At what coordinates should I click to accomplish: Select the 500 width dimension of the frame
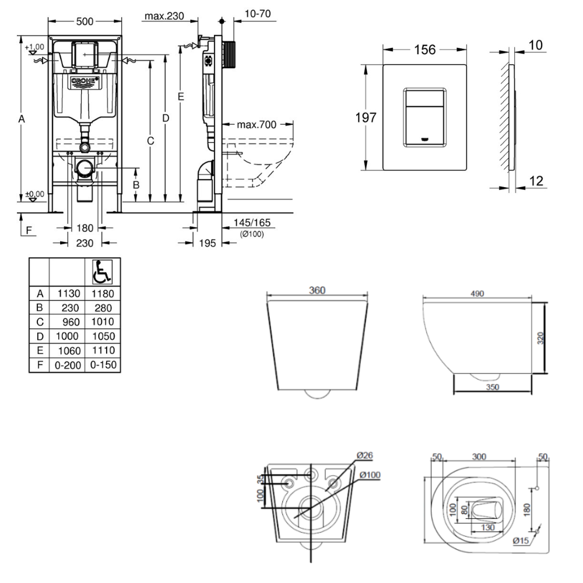[x=85, y=21]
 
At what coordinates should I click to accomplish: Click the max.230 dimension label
[x=164, y=16]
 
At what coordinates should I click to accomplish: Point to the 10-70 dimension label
[x=257, y=14]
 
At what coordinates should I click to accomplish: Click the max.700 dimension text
[x=257, y=124]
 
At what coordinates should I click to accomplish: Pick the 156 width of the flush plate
[x=424, y=50]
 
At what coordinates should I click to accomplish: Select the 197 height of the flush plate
[x=366, y=117]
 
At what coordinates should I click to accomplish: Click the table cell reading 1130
[x=66, y=294]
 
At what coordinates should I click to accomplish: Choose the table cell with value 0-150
[x=102, y=365]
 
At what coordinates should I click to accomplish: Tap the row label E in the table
[x=40, y=351]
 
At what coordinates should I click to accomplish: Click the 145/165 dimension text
[x=252, y=223]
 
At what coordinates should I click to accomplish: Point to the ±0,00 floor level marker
[x=34, y=194]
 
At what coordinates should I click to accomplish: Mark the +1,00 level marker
[x=34, y=47]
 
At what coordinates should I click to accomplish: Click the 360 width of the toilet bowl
[x=317, y=290]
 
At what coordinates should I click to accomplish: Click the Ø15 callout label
[x=521, y=541]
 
